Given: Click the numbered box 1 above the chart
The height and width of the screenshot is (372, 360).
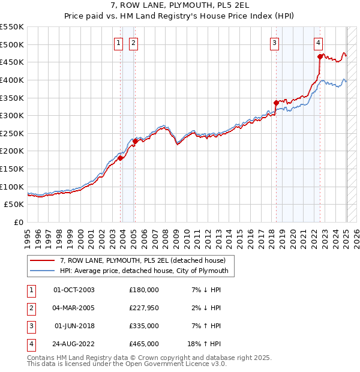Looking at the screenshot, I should (x=118, y=43).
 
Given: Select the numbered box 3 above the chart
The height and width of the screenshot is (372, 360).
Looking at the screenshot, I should (x=274, y=43).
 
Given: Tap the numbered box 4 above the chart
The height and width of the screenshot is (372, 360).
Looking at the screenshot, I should (x=318, y=43).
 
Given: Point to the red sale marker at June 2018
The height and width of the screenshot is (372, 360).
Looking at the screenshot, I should (x=276, y=103).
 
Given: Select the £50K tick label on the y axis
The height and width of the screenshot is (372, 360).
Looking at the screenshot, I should (x=14, y=205).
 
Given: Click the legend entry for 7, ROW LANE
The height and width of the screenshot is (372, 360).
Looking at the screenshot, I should (x=142, y=260).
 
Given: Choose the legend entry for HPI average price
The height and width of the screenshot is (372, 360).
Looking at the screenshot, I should (x=144, y=271).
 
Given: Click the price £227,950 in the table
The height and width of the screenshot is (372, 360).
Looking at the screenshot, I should (x=143, y=308).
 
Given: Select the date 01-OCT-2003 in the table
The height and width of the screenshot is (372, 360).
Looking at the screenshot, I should (x=74, y=290).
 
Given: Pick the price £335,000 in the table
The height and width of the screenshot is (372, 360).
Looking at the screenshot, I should (x=143, y=326).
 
